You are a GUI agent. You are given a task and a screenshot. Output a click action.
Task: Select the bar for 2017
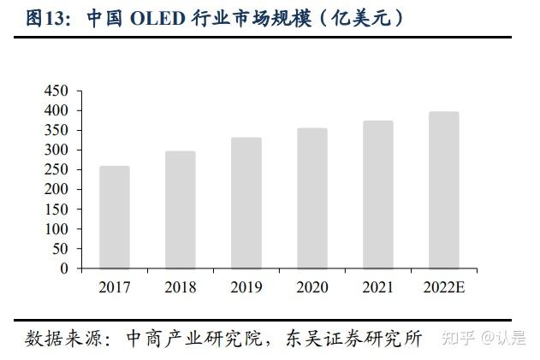[x=115, y=217]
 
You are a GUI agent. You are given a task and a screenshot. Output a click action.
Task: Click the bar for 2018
[x=181, y=210]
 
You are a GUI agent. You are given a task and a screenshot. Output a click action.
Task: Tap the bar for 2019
[x=246, y=203]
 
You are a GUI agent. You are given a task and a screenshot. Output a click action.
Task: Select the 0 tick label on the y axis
[x=63, y=269]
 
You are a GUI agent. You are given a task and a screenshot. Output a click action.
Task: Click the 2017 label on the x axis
[x=115, y=287]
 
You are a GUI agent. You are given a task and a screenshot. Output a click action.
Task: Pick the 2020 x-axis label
[x=312, y=287]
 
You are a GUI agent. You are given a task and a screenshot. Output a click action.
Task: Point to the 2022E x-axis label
[x=444, y=287]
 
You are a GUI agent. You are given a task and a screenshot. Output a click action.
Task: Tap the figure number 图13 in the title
[x=47, y=19]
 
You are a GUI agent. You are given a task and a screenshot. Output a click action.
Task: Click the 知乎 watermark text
[x=454, y=339]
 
